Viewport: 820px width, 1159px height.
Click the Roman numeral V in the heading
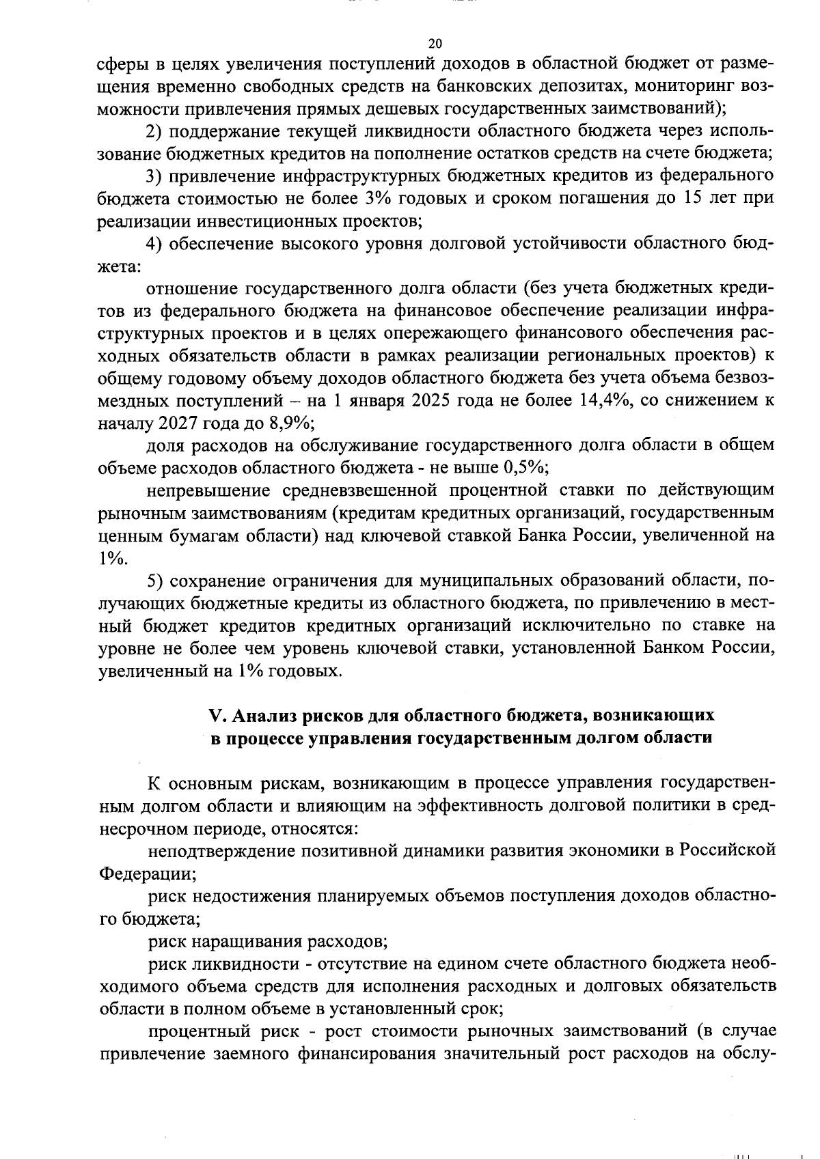(x=217, y=715)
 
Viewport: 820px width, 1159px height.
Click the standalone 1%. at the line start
(x=113, y=558)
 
